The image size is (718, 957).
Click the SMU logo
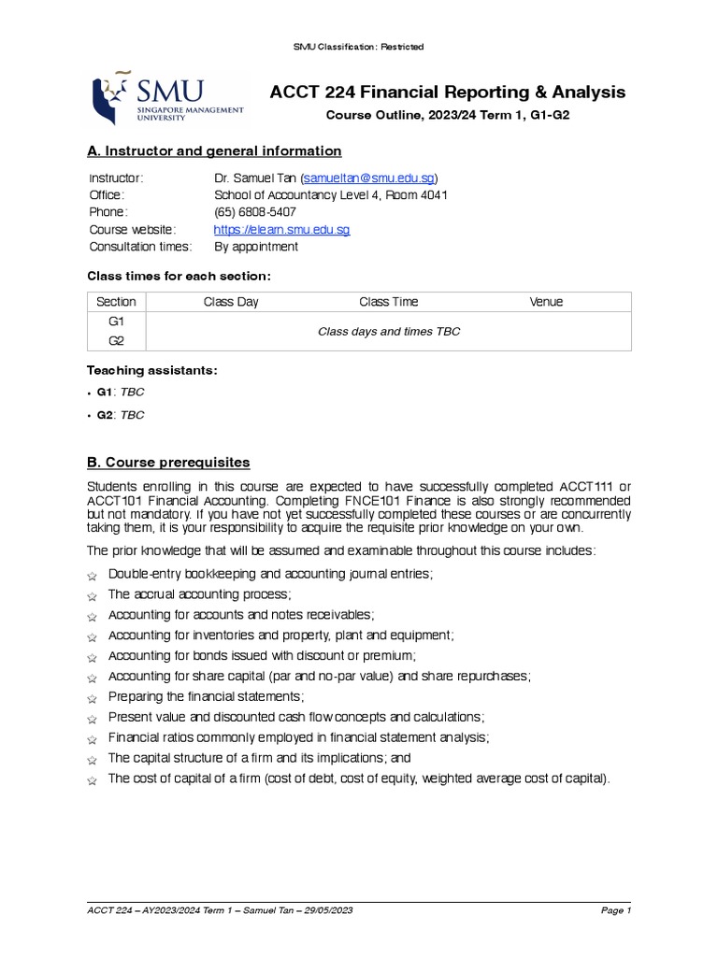pyautogui.click(x=165, y=98)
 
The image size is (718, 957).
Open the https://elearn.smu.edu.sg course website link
pyautogui.click(x=281, y=230)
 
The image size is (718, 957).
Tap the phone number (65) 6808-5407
pyautogui.click(x=255, y=212)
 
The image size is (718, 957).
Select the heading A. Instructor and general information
pyautogui.click(x=214, y=151)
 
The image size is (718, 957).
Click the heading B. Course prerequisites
pyautogui.click(x=168, y=463)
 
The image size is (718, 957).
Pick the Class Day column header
pyautogui.click(x=231, y=302)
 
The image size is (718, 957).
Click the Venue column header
pyautogui.click(x=546, y=302)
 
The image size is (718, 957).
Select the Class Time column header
pyautogui.click(x=389, y=302)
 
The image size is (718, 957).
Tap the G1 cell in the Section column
pyautogui.click(x=117, y=321)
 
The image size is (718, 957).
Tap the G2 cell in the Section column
pyautogui.click(x=117, y=341)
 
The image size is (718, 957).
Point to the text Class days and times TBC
pyautogui.click(x=389, y=332)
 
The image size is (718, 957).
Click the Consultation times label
pyautogui.click(x=140, y=247)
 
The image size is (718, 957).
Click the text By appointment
pyautogui.click(x=256, y=247)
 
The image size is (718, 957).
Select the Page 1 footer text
pyautogui.click(x=615, y=910)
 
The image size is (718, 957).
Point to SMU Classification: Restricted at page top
pyautogui.click(x=359, y=47)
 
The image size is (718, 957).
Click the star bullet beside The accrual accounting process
pyautogui.click(x=92, y=595)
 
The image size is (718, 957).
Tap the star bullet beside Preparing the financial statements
pyautogui.click(x=92, y=698)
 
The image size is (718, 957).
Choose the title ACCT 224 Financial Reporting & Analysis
pyautogui.click(x=448, y=93)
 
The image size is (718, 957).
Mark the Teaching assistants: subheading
pyautogui.click(x=152, y=371)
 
